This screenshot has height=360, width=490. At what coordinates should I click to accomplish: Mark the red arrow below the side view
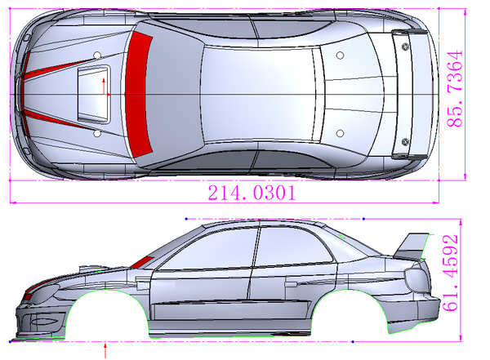point(106,352)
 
